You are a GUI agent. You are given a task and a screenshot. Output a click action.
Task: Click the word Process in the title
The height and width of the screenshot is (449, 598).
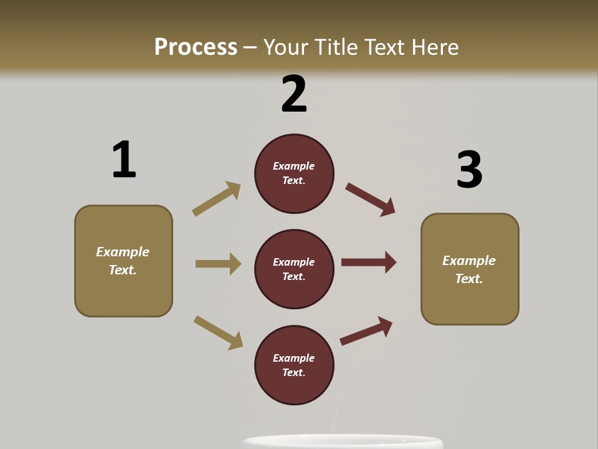point(196,47)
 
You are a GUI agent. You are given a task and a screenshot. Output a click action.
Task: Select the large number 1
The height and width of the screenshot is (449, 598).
point(124,160)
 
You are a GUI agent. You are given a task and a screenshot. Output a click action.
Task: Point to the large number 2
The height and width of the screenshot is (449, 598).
point(294,94)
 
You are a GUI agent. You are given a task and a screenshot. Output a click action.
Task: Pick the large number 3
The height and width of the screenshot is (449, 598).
point(469,170)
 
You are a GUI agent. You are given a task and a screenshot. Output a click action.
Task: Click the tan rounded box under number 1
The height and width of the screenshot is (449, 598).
point(123,261)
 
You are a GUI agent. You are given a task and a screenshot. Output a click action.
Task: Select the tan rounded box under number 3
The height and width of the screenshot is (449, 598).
point(470,269)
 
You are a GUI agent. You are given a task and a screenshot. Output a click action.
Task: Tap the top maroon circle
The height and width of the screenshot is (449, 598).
point(294,173)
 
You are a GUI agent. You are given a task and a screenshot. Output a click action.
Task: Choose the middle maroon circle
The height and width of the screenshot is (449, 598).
point(294,269)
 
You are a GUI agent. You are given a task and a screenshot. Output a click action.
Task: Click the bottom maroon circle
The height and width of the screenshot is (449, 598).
point(294,365)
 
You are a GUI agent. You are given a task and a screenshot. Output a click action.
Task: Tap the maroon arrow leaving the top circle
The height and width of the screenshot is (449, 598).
point(370,199)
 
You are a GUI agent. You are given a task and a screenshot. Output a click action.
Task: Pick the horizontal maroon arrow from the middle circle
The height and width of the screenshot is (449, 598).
point(368,262)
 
